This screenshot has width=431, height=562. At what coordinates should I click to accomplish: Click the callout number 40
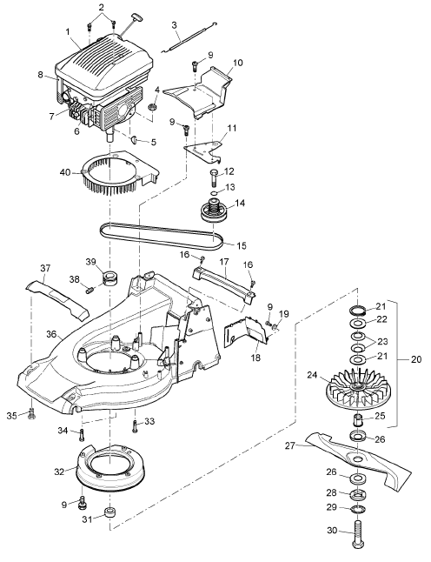65,172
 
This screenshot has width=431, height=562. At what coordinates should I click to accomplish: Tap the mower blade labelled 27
358,459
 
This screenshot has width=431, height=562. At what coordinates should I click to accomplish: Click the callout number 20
416,358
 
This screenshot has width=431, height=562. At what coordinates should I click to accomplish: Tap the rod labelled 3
190,37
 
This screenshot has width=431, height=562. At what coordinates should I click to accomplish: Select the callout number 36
51,334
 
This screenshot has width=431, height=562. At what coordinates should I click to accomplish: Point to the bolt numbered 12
213,177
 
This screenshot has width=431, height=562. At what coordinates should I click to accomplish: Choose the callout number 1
67,32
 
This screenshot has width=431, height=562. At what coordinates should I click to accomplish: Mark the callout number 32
59,472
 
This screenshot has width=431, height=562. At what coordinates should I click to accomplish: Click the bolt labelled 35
32,414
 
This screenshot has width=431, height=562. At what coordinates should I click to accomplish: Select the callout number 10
238,64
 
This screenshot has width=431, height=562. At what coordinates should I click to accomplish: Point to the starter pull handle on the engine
136,17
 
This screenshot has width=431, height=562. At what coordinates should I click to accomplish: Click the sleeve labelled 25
358,419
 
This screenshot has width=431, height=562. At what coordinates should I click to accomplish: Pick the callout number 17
224,262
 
